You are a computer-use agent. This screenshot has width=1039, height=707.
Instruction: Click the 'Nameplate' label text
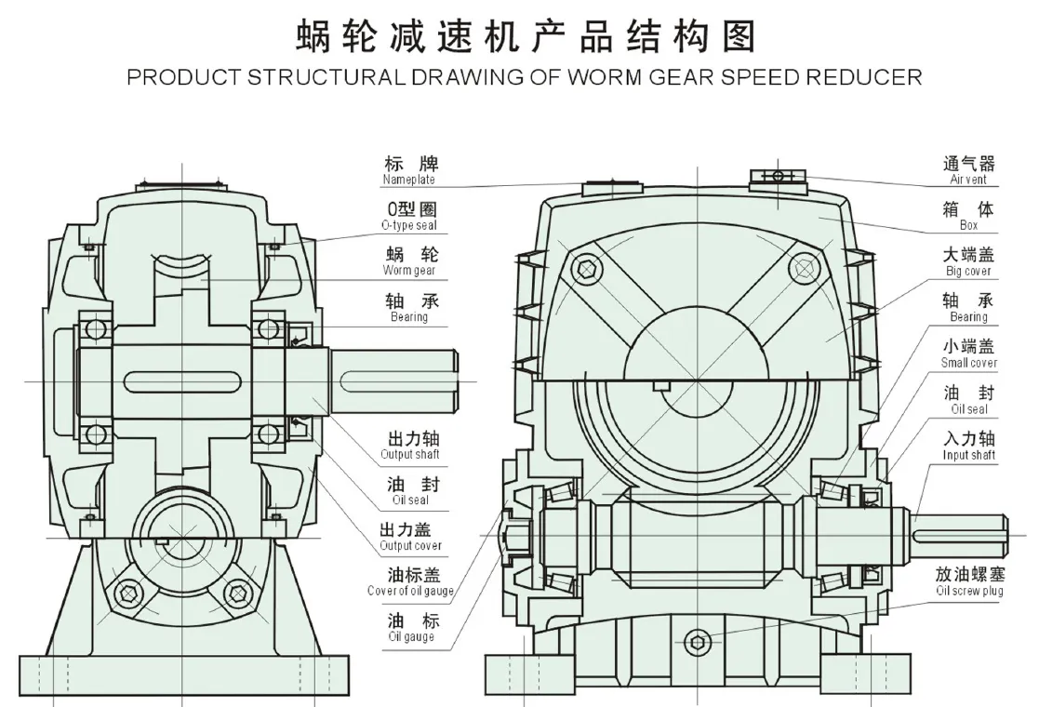point(409,179)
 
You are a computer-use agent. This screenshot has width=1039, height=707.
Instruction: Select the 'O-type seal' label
point(409,225)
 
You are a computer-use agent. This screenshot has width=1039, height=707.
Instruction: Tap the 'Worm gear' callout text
point(409,270)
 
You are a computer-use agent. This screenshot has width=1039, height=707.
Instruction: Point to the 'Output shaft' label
point(409,455)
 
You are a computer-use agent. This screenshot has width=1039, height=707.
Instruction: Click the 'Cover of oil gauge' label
point(410,591)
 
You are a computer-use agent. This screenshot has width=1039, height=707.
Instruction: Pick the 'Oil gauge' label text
point(409,636)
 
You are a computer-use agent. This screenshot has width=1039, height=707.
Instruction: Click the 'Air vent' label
point(968,180)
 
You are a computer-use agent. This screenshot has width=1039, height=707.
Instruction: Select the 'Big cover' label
point(968,271)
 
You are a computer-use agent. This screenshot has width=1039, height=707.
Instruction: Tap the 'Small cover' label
point(968,363)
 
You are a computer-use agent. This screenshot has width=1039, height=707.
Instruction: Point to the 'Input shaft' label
point(968,455)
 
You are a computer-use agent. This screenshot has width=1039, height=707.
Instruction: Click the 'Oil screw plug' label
point(968,591)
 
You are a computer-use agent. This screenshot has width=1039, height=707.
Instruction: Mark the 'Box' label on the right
point(968,225)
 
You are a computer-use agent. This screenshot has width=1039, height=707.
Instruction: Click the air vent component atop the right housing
point(777,177)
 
